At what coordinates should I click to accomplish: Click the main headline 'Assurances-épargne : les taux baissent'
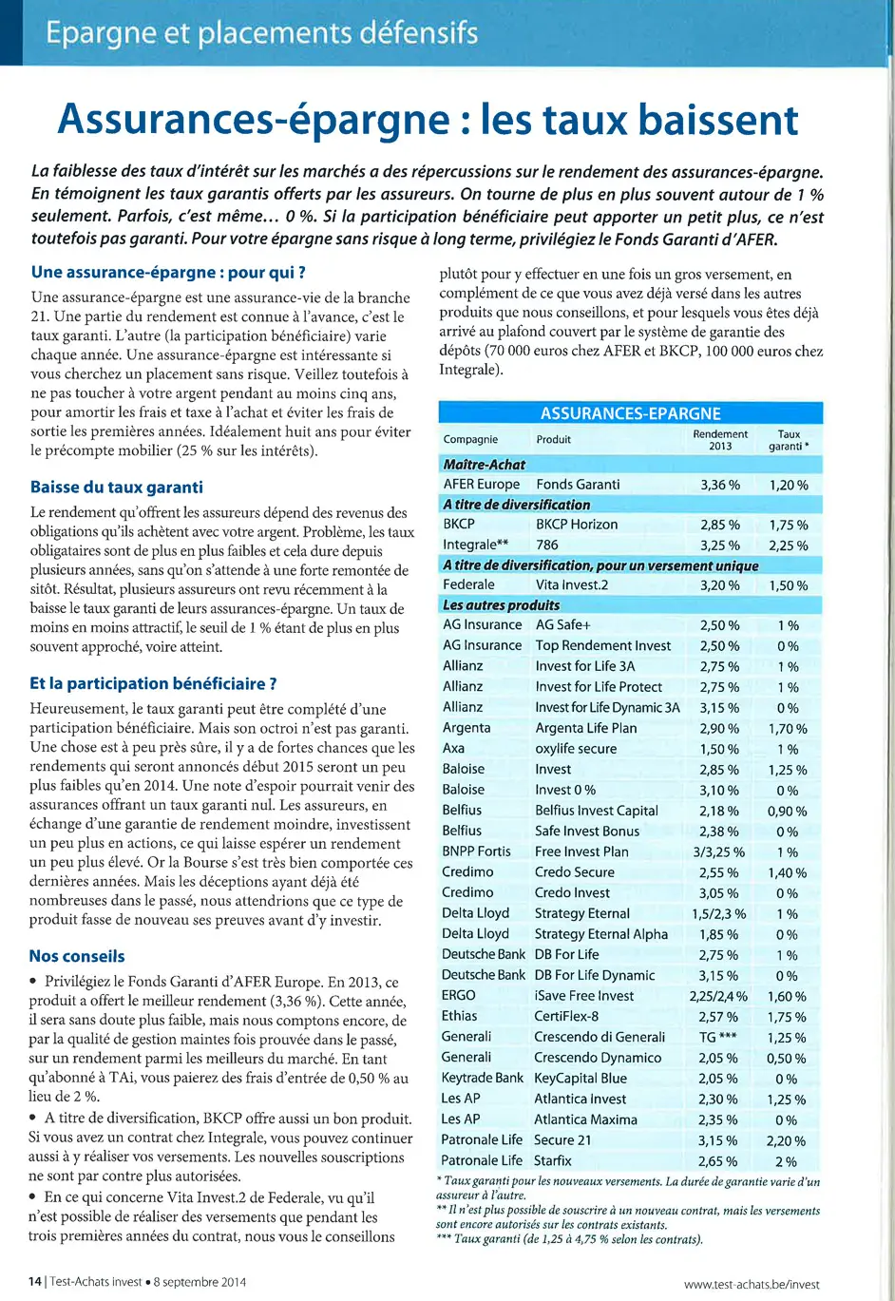428,120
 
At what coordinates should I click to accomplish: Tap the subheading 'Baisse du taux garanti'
117,488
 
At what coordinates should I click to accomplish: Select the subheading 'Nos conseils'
77,956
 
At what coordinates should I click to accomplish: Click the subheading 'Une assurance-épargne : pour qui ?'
168,273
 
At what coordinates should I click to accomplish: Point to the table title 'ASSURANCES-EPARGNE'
630,413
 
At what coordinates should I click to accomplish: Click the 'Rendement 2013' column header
720,439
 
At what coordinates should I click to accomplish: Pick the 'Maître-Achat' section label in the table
485,464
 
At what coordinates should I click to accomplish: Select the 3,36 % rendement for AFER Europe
720,485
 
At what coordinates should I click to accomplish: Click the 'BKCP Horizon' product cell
577,525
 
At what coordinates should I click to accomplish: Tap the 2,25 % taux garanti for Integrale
789,545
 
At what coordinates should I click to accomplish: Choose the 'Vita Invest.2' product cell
572,585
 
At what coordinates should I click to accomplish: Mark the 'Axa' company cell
454,749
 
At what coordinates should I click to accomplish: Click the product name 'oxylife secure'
576,749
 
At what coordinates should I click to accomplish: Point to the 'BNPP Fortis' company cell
477,851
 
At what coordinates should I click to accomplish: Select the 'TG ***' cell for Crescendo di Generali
718,1038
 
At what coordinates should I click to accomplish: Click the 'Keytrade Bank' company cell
483,1079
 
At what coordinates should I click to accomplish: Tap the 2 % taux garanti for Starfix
787,1161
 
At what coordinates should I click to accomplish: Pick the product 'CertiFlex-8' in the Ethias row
566,1017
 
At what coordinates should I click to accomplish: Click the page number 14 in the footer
34,1281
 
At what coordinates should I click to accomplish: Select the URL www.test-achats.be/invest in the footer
752,1284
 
